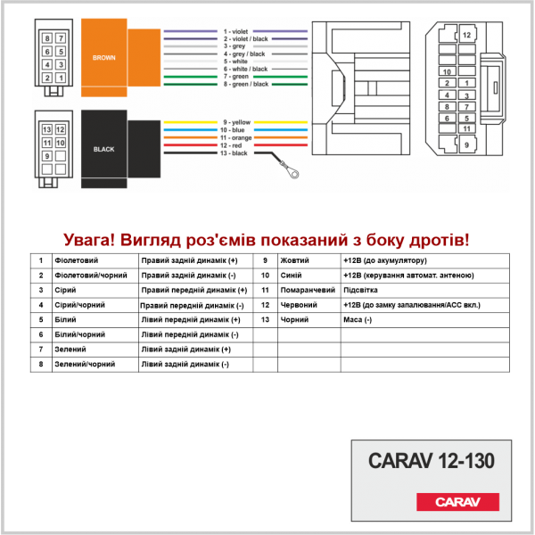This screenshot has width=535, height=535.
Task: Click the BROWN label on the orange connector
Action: (x=104, y=58)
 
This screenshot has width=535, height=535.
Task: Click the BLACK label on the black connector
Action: (x=104, y=149)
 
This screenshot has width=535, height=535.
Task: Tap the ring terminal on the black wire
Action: (x=292, y=173)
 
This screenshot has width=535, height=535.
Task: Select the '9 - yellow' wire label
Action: (x=237, y=122)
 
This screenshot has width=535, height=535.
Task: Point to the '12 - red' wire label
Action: (x=231, y=145)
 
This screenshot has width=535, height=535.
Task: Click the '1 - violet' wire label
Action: (x=235, y=31)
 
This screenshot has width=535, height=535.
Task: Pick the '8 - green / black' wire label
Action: (x=246, y=84)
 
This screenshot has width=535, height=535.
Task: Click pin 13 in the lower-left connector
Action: (x=47, y=129)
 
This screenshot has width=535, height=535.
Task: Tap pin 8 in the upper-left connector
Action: (x=47, y=38)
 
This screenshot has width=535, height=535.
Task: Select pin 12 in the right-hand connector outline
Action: (x=466, y=35)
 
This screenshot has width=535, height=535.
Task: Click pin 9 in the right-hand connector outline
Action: (x=466, y=145)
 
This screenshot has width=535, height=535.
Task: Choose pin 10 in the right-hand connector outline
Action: (x=447, y=71)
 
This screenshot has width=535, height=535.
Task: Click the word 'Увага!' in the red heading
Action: (x=89, y=240)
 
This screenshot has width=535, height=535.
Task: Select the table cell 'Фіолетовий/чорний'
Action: (x=91, y=276)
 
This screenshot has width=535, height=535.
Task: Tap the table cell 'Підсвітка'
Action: (x=360, y=290)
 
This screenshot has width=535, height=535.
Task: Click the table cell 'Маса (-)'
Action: (x=358, y=320)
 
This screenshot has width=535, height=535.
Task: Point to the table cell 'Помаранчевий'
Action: (x=308, y=290)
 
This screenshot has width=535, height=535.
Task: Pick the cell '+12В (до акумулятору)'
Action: (x=385, y=260)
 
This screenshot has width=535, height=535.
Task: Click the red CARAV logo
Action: (x=457, y=501)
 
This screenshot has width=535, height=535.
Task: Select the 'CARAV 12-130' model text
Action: (x=432, y=461)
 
